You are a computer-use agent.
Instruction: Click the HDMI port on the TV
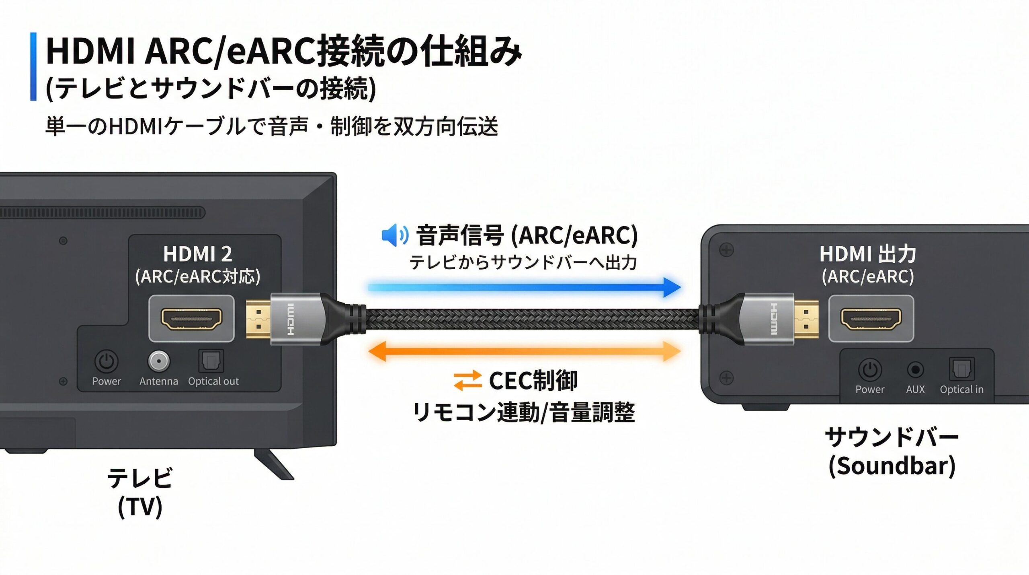[x=191, y=318]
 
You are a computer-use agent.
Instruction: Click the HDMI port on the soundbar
[x=871, y=318]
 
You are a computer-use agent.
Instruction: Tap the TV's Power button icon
[x=107, y=361]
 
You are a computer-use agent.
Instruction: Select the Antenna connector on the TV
[x=159, y=361]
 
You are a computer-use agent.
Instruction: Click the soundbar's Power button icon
[x=870, y=369]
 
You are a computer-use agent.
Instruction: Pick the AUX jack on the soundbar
[x=915, y=369]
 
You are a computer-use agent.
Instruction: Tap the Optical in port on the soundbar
[x=961, y=369]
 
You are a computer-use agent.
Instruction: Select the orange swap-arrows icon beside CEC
[x=467, y=380]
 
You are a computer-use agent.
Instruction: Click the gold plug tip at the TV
[x=258, y=319]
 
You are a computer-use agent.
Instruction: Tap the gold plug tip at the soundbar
[x=806, y=319]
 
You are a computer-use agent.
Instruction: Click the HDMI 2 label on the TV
[x=197, y=254]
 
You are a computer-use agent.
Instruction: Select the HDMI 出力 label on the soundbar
[x=868, y=254]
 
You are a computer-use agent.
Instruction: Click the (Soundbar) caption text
[x=892, y=466]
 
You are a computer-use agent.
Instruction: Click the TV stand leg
[x=273, y=465]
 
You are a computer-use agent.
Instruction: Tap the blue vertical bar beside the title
[x=33, y=66]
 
